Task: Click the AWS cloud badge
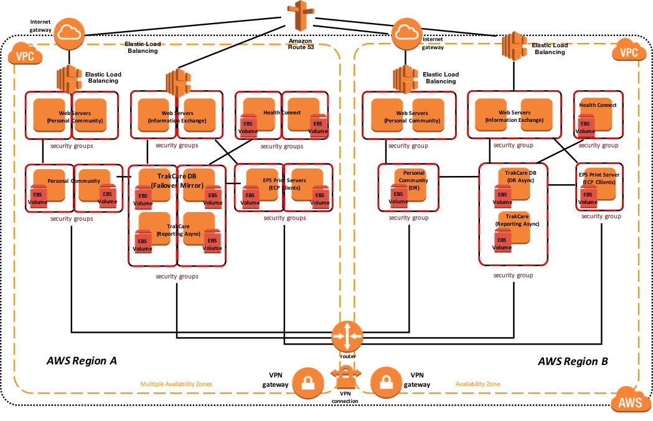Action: coord(630,402)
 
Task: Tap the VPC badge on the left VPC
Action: coord(25,55)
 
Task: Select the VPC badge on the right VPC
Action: coord(629,52)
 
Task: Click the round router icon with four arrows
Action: coord(347,336)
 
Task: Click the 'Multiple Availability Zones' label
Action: coord(176,384)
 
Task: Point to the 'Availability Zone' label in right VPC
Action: coord(477,384)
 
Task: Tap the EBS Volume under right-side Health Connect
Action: coord(585,126)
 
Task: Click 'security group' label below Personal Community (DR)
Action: coord(408,218)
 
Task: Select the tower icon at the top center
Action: coord(302,15)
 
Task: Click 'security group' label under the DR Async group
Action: coord(513,275)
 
